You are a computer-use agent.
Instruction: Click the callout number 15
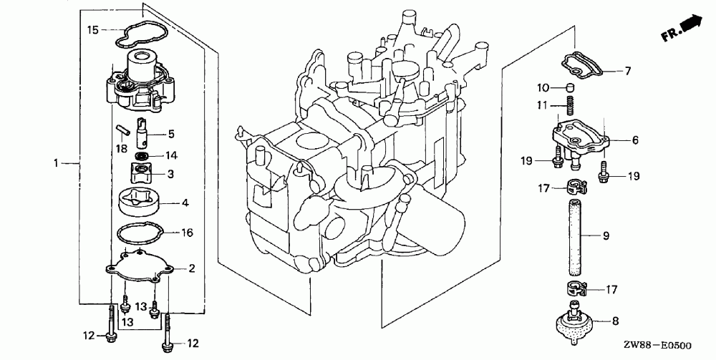coord(93,29)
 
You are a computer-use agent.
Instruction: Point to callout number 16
coord(188,232)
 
